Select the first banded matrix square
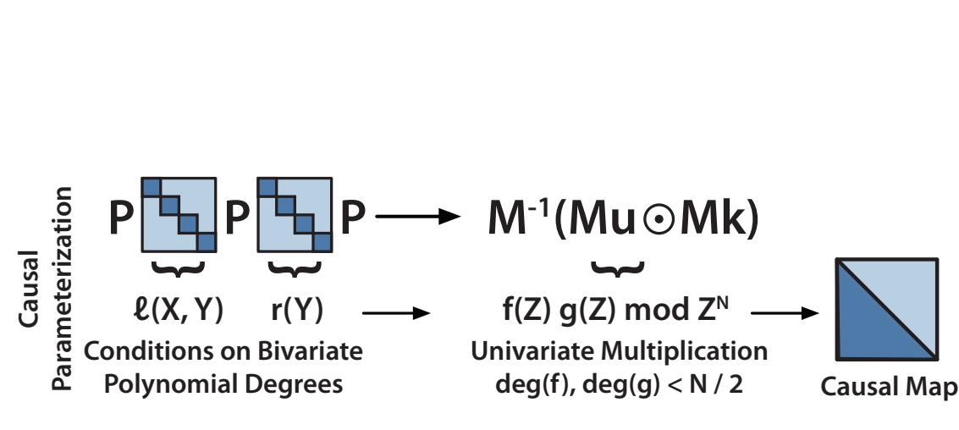pyautogui.click(x=179, y=214)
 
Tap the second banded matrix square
pyautogui.click(x=294, y=214)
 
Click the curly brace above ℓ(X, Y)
pyautogui.click(x=179, y=268)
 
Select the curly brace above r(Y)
pyautogui.click(x=294, y=268)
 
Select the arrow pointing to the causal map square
pyautogui.click(x=784, y=313)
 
